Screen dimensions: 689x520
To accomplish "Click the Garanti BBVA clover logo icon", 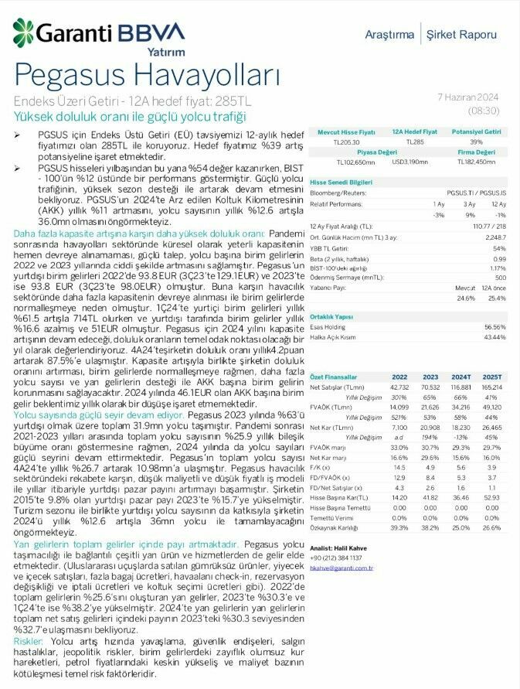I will point(22,32).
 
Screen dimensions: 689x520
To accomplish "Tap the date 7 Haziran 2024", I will point(468,97).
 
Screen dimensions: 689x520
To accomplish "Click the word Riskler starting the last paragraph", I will point(29,642).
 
